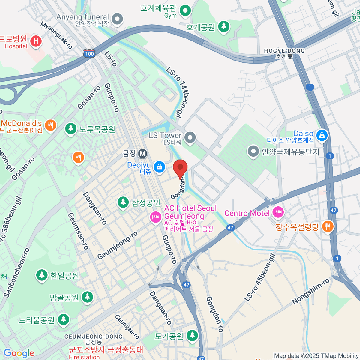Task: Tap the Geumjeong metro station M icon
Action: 142,154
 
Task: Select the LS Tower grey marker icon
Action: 190,138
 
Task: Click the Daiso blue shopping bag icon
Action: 322,135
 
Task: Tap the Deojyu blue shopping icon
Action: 159,166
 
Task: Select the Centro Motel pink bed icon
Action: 278,212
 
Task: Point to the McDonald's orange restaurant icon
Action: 50,125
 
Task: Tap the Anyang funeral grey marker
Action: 117,19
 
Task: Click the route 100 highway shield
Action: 89,54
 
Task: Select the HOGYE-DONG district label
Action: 284,53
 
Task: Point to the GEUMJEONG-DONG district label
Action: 94,339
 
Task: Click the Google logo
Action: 19,353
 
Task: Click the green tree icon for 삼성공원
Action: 123,202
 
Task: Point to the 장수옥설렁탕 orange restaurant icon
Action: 328,226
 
